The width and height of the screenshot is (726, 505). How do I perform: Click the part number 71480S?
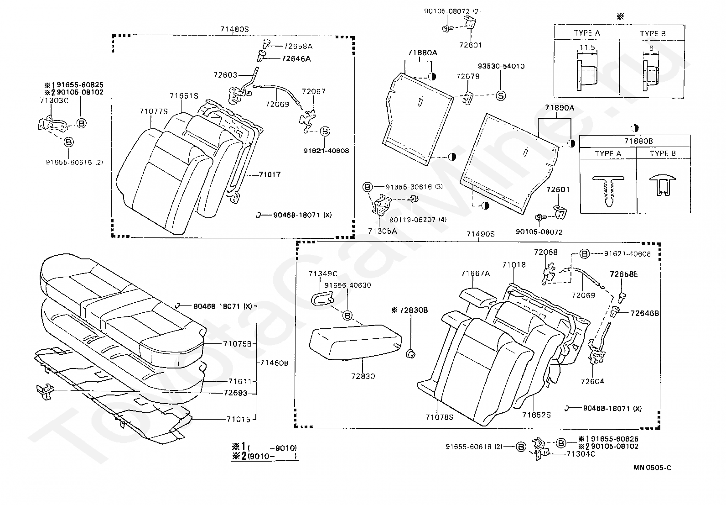click(234, 29)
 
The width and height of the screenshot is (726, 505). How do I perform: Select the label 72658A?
click(298, 47)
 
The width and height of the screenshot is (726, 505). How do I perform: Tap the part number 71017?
click(270, 174)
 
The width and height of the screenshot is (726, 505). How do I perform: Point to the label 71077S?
click(154, 111)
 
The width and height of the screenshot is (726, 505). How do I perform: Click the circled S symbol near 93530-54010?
click(501, 96)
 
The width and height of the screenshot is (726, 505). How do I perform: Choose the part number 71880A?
click(422, 53)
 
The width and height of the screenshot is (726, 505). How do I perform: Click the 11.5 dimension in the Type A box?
click(587, 47)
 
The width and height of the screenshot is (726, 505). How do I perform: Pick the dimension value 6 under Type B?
click(651, 48)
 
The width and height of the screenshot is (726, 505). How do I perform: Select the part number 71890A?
click(560, 108)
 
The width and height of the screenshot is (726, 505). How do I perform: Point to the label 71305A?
click(382, 231)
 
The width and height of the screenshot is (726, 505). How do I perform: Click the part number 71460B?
click(274, 363)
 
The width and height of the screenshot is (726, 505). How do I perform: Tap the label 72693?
click(235, 393)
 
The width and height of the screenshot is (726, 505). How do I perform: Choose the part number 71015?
click(239, 419)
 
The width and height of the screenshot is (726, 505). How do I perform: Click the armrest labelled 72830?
click(356, 342)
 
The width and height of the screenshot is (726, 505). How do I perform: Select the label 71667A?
click(476, 274)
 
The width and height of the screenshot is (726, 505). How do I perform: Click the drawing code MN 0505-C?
click(652, 468)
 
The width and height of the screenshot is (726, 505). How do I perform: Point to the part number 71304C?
click(581, 454)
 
